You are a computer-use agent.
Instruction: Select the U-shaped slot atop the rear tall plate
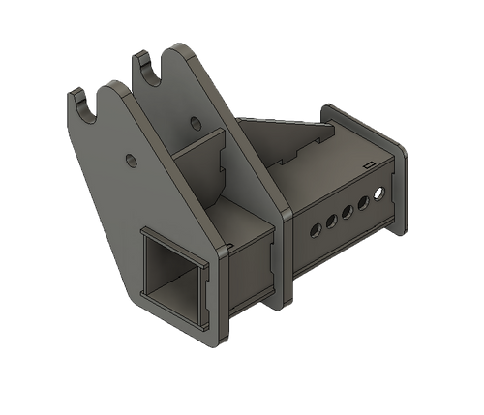click(147, 65)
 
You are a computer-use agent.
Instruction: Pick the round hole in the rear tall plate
click(197, 123)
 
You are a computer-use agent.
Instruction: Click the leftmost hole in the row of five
click(314, 231)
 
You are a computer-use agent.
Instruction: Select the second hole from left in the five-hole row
click(331, 222)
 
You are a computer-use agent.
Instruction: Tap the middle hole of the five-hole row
click(348, 212)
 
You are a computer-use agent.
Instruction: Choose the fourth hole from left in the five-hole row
click(364, 202)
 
